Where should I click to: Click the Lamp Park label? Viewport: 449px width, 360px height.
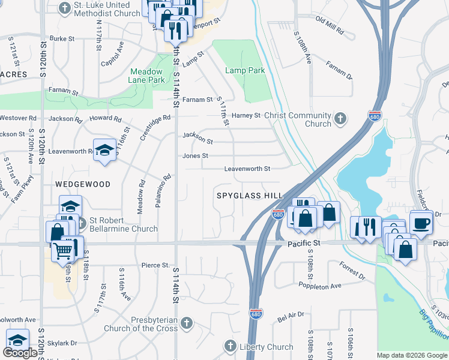coord(245,70)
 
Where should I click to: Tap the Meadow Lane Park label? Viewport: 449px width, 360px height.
coord(147,75)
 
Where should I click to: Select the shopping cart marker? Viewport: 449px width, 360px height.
coord(63,251)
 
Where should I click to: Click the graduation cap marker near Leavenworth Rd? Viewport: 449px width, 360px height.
coord(104,150)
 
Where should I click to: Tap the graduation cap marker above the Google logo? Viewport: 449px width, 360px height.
coord(17,340)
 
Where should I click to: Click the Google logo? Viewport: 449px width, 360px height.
coord(20,353)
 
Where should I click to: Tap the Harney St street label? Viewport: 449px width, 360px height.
coord(247,115)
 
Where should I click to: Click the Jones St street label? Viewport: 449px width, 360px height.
coord(196,155)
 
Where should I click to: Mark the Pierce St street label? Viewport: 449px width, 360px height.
coord(155,265)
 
